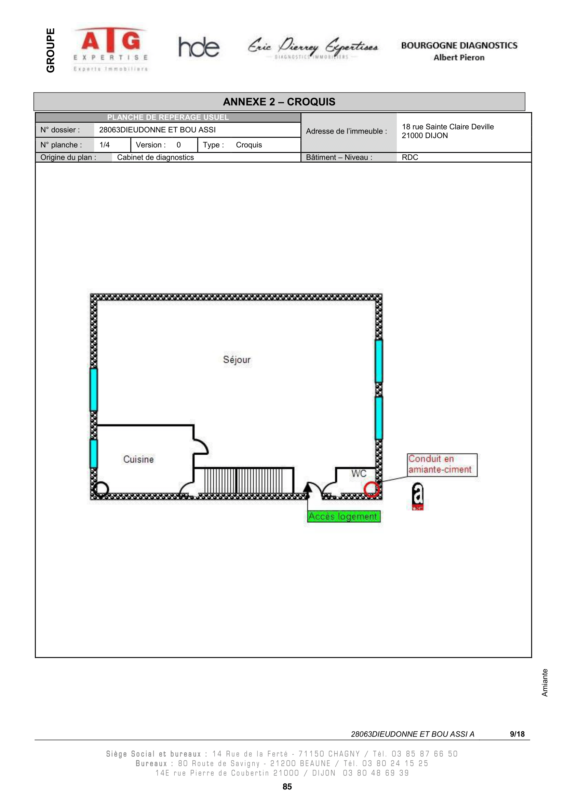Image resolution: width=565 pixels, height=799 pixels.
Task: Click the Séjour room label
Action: pos(237,359)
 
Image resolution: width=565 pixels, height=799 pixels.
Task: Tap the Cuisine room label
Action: pos(138,459)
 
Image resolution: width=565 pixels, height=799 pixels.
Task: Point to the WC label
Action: pos(359,473)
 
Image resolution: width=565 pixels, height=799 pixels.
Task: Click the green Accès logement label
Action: pos(344,516)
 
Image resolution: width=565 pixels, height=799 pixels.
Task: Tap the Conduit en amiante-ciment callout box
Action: pos(442,465)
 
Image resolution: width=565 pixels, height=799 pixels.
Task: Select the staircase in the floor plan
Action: pos(244,480)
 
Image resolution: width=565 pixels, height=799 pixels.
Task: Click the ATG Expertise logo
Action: pos(111,49)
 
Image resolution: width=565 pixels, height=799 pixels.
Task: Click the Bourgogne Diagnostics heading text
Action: pos(459,45)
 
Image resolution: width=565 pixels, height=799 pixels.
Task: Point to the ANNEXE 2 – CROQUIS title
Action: pos(279,101)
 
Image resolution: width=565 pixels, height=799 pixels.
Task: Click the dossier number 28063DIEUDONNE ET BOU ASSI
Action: pos(157,130)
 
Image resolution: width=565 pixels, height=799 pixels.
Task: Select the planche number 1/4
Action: pos(105,145)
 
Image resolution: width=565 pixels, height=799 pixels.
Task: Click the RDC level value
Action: pos(410,157)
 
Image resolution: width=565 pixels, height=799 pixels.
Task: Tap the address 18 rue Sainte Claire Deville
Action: pos(448,127)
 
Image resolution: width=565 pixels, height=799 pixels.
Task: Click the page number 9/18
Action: pos(517,734)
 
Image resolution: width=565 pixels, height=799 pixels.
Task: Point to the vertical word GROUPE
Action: pos(51,50)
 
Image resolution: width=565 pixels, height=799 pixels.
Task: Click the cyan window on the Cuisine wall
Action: pos(94,454)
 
